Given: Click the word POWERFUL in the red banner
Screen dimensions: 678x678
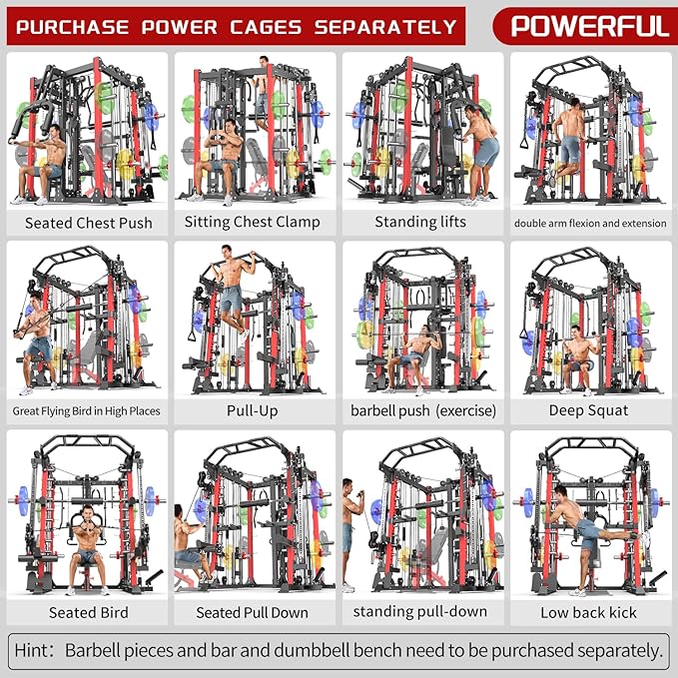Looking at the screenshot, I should point(589,25).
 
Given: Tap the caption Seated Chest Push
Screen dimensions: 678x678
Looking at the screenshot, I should point(89,223).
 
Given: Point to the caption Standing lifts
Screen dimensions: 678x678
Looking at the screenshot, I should point(420,222).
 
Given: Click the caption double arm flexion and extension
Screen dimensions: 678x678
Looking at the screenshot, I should point(588,223).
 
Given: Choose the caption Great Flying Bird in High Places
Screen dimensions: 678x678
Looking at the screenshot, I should point(87,410).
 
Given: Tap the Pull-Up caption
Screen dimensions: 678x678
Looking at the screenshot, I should point(253,409).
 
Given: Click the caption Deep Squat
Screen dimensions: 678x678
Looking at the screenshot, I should point(588,409).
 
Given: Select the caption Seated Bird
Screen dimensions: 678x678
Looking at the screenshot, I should point(89,612).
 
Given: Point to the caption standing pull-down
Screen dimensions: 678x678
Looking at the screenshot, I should point(420,611).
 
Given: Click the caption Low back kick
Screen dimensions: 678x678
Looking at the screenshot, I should point(588,612).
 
